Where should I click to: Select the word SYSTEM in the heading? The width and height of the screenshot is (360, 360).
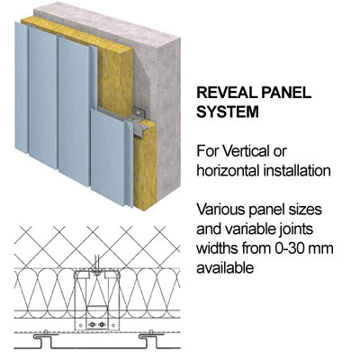(228, 112)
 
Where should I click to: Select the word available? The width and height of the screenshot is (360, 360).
(225, 268)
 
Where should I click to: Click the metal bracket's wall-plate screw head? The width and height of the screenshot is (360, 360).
(138, 112)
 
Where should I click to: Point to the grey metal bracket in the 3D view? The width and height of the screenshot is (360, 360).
(139, 120)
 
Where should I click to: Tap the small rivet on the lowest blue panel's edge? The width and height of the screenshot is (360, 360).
(130, 129)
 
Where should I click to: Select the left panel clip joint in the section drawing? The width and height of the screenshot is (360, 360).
(44, 336)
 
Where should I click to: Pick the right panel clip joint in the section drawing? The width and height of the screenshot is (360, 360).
(149, 336)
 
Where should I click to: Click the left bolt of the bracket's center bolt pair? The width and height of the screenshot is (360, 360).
(93, 324)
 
